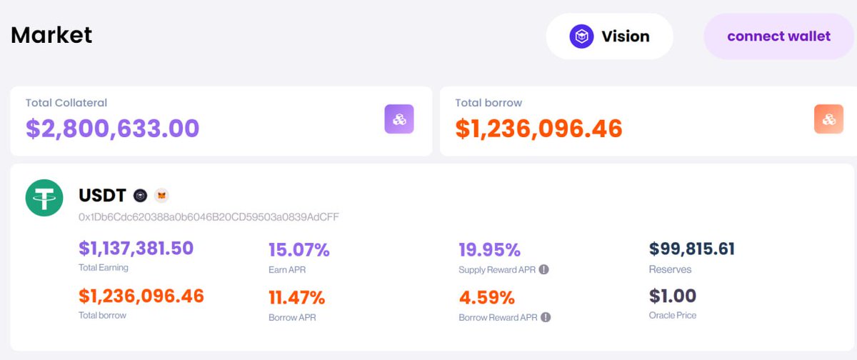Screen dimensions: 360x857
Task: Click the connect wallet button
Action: (778, 36)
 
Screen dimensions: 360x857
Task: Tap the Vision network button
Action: (609, 36)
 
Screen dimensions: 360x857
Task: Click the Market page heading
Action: (51, 34)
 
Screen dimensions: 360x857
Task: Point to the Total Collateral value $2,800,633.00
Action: (112, 128)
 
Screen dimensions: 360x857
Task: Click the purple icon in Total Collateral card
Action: (399, 119)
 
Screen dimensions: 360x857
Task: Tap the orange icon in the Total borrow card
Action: (828, 119)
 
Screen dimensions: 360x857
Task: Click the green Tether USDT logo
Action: (44, 198)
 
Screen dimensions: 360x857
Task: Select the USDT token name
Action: (102, 195)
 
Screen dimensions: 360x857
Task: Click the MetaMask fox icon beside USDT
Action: (162, 196)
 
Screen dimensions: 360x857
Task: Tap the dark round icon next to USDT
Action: (141, 196)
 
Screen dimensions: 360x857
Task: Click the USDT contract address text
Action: (209, 216)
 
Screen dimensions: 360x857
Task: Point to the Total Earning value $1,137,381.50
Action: (136, 248)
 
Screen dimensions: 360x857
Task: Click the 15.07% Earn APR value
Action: (299, 250)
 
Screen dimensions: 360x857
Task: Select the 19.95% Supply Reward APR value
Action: (489, 250)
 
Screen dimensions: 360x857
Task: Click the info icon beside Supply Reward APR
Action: (544, 270)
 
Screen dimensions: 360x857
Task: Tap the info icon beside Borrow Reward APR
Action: (546, 317)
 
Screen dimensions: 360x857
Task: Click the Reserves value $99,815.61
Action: (691, 249)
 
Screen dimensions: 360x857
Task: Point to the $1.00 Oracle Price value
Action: (672, 296)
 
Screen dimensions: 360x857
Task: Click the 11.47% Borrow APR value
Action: (296, 297)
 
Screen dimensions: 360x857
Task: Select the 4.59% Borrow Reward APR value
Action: (486, 297)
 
